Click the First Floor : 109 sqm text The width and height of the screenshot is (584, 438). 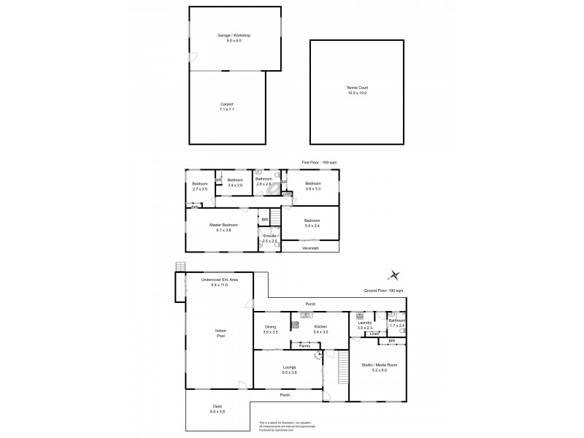[x=319, y=162]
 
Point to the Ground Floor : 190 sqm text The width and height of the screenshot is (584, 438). [x=383, y=291]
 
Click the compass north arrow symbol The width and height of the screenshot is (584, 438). [x=394, y=274]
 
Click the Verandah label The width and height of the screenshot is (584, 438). [x=311, y=248]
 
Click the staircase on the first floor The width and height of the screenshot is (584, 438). [x=275, y=216]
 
